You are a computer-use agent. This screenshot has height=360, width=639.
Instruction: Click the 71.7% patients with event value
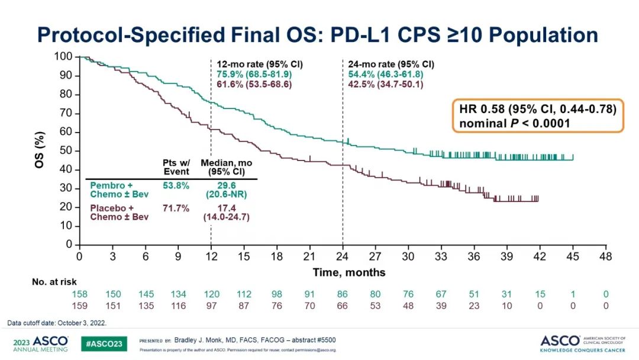click(175, 208)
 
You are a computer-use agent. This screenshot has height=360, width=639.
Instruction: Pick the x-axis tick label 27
click(375, 256)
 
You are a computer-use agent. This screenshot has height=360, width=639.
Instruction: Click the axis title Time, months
click(349, 272)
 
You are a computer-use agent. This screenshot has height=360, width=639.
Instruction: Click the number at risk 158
click(79, 295)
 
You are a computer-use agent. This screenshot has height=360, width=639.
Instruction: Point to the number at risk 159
click(79, 306)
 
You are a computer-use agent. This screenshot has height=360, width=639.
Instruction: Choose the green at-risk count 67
click(441, 295)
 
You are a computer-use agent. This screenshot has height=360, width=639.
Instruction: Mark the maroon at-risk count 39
click(441, 306)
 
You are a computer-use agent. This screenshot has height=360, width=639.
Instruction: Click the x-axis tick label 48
click(605, 256)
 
